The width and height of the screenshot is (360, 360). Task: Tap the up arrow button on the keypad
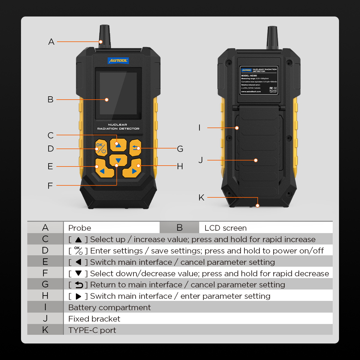[x=118, y=145]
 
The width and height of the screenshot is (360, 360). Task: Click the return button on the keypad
[x=136, y=148]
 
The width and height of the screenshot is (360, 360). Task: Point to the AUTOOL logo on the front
[x=118, y=61]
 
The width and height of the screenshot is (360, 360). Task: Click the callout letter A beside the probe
[x=51, y=42]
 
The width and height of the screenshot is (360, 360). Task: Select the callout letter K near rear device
[x=201, y=197]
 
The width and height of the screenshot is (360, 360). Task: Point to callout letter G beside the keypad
[x=180, y=149]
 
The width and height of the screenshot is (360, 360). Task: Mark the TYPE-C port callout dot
[x=257, y=205]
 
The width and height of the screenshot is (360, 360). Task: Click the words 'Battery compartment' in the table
[x=109, y=307]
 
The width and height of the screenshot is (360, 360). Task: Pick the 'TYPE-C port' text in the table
[x=92, y=330]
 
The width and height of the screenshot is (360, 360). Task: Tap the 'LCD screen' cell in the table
[x=225, y=228]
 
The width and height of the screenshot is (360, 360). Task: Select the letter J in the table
[x=45, y=319]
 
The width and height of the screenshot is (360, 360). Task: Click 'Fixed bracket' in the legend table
[x=94, y=319]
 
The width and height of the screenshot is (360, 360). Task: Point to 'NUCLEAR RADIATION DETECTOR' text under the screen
[x=118, y=127]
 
